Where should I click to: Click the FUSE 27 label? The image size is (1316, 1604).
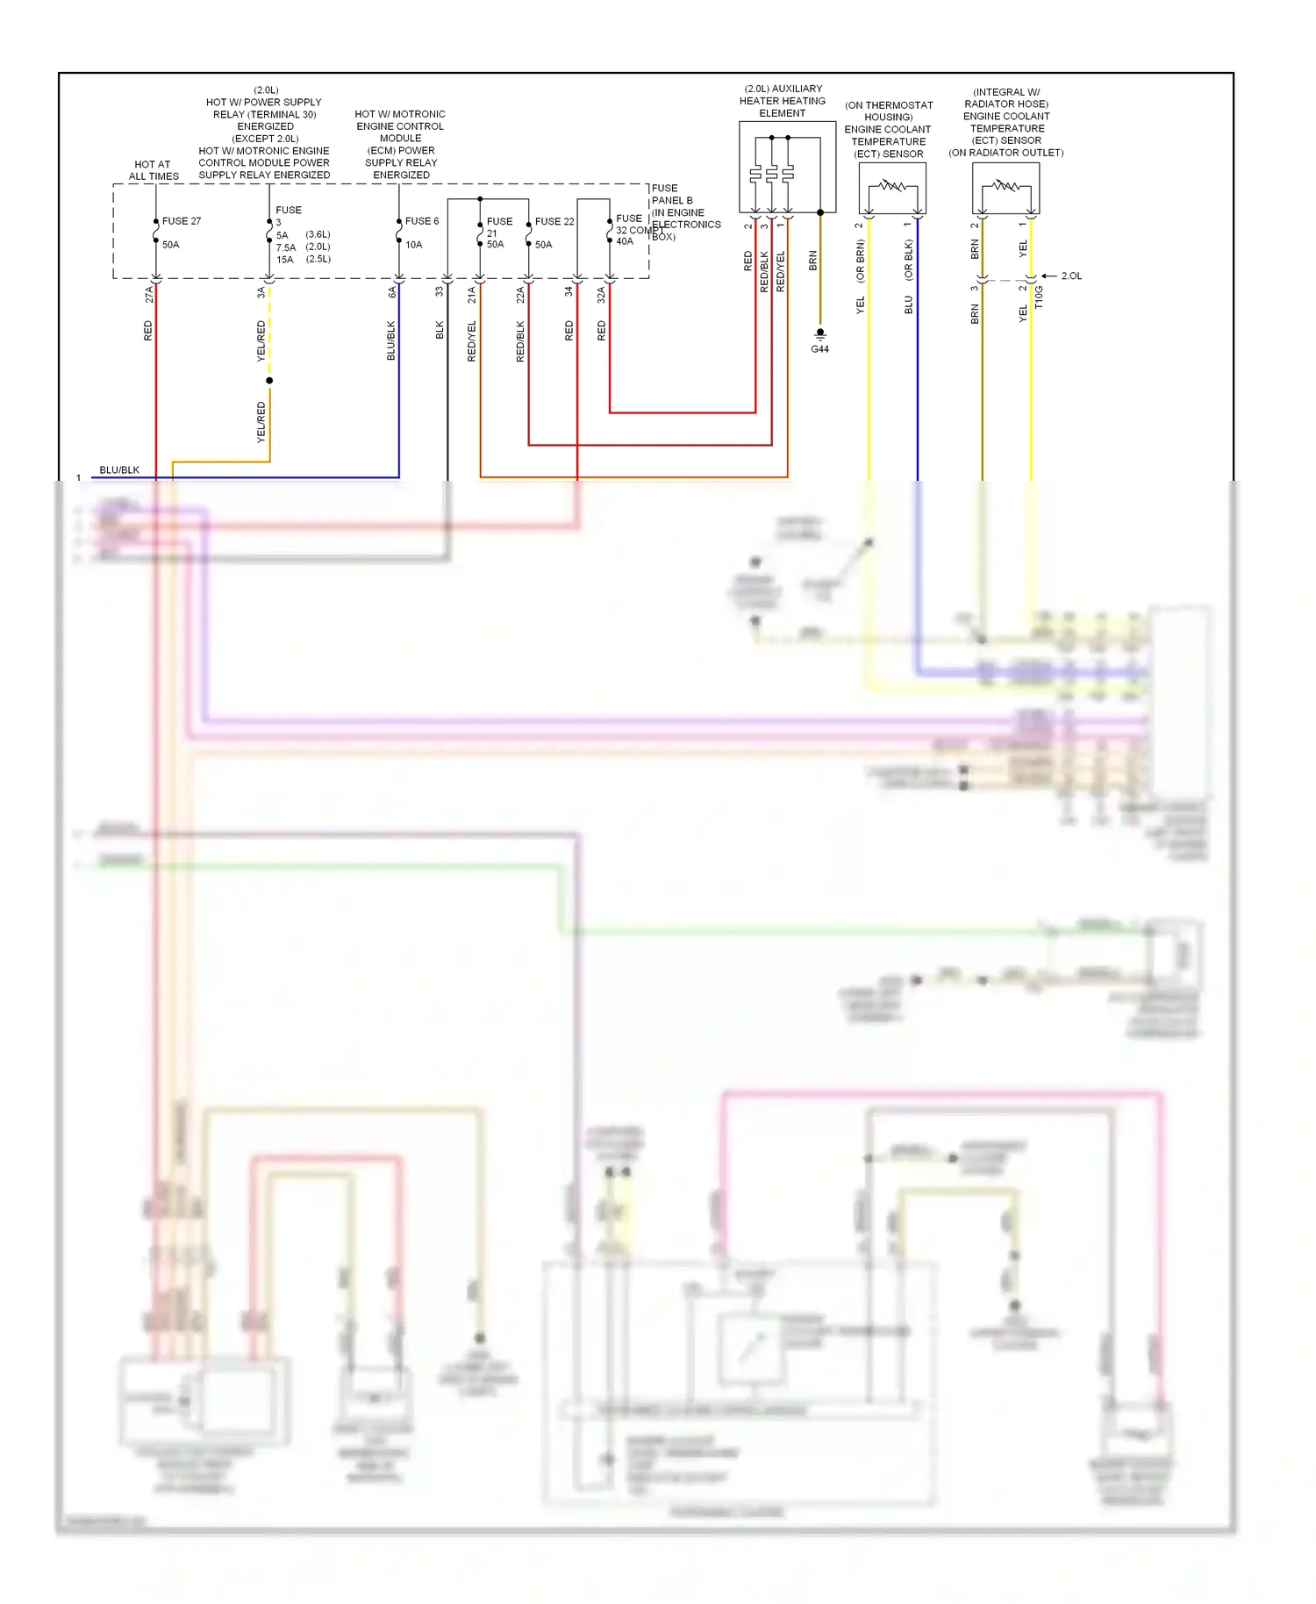tap(182, 221)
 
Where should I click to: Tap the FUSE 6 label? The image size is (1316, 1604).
tap(422, 221)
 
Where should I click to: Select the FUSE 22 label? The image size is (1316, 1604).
tap(554, 221)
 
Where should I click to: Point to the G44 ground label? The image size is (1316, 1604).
tap(819, 349)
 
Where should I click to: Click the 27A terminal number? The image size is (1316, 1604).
tap(149, 294)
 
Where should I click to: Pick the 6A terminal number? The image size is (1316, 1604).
tap(392, 293)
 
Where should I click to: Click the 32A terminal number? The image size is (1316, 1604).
tap(602, 295)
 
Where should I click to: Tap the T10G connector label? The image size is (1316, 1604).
tap(1039, 297)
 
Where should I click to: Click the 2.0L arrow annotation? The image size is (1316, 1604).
tap(1071, 276)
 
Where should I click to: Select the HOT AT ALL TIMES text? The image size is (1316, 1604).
tap(154, 170)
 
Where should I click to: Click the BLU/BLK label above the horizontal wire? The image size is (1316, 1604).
tap(119, 470)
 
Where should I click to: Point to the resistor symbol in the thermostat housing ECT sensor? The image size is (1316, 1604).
tap(893, 185)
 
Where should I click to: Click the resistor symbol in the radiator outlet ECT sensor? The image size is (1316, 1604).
tap(1006, 185)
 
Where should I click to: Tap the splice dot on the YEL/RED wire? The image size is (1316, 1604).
tap(269, 380)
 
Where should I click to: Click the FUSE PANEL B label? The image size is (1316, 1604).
tap(671, 194)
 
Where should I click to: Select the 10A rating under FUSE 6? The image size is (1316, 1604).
tap(413, 245)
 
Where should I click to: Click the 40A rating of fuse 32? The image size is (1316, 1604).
tap(625, 241)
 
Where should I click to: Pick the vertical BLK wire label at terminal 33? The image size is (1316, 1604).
tap(440, 330)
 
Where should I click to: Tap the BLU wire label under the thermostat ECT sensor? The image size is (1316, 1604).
tap(909, 304)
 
